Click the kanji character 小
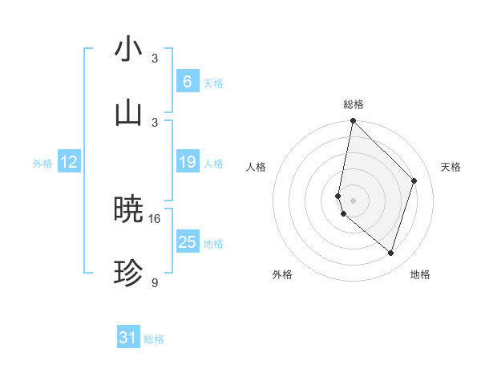pyautogui.click(x=128, y=50)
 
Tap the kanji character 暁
pyautogui.click(x=128, y=210)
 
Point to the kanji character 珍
pyautogui.click(x=128, y=274)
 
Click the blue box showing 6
pyautogui.click(x=187, y=82)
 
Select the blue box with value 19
pyautogui.click(x=187, y=162)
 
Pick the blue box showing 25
pyautogui.click(x=187, y=242)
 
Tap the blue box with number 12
pyautogui.click(x=69, y=162)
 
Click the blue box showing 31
pyautogui.click(x=128, y=338)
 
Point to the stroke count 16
pyautogui.click(x=156, y=218)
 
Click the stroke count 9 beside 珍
pyautogui.click(x=156, y=282)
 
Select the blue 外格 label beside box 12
pyautogui.click(x=42, y=163)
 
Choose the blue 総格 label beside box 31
pyautogui.click(x=154, y=339)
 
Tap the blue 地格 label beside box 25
pyautogui.click(x=213, y=243)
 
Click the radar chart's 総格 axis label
pyautogui.click(x=354, y=104)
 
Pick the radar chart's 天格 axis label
pyautogui.click(x=451, y=167)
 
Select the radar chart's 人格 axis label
pyautogui.click(x=257, y=167)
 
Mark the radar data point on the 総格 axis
pyautogui.click(x=354, y=120)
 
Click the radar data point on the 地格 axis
pyautogui.click(x=391, y=253)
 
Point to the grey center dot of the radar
pyautogui.click(x=354, y=200)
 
